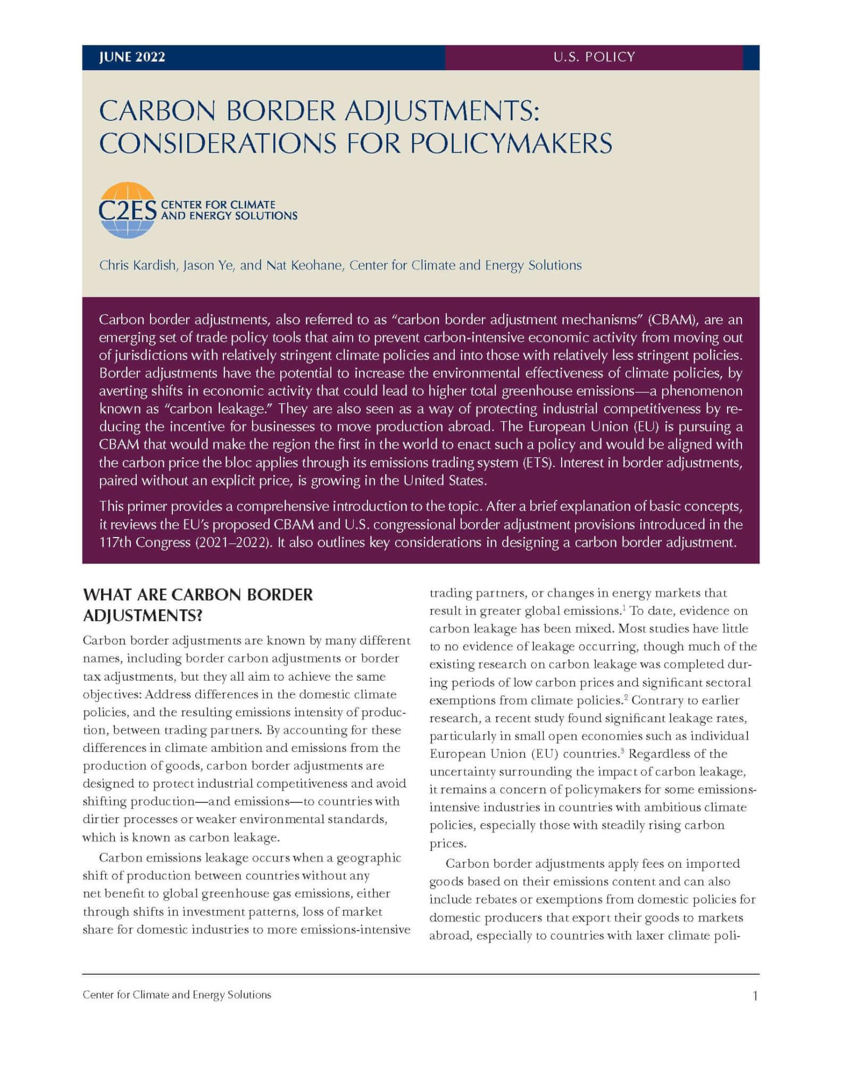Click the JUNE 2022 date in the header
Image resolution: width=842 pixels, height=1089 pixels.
click(x=132, y=57)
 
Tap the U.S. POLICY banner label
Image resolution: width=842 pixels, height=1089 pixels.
click(x=594, y=57)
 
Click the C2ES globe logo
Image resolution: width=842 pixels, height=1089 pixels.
click(x=127, y=211)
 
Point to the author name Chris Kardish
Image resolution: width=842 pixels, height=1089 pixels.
click(x=137, y=265)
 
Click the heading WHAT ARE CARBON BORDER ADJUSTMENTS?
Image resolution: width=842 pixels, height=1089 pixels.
click(x=198, y=605)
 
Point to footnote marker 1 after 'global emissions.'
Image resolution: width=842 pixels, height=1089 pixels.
click(x=623, y=607)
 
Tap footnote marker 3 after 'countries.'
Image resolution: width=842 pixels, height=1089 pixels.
click(x=623, y=750)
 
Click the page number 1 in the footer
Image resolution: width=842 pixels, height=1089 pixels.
click(x=755, y=995)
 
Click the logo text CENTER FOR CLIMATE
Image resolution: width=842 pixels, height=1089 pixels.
click(x=218, y=205)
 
